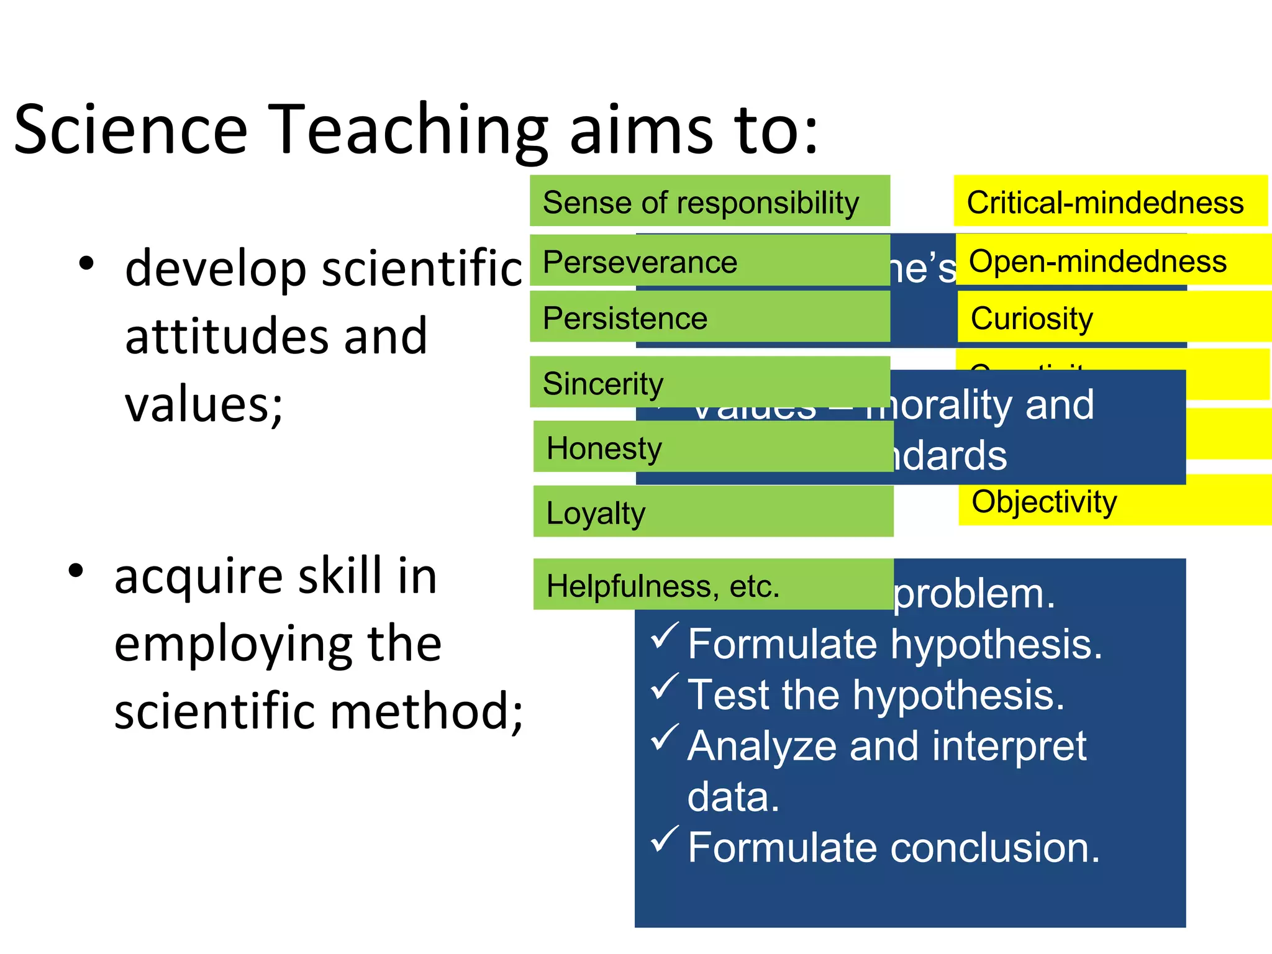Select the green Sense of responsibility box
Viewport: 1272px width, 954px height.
pos(709,201)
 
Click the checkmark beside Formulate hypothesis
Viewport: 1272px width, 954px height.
pos(664,636)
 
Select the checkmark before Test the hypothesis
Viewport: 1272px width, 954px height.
pos(664,686)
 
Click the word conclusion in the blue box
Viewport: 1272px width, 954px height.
pos(994,848)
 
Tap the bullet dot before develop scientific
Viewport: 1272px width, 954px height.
pos(86,263)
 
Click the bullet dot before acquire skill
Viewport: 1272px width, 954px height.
pos(76,571)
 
